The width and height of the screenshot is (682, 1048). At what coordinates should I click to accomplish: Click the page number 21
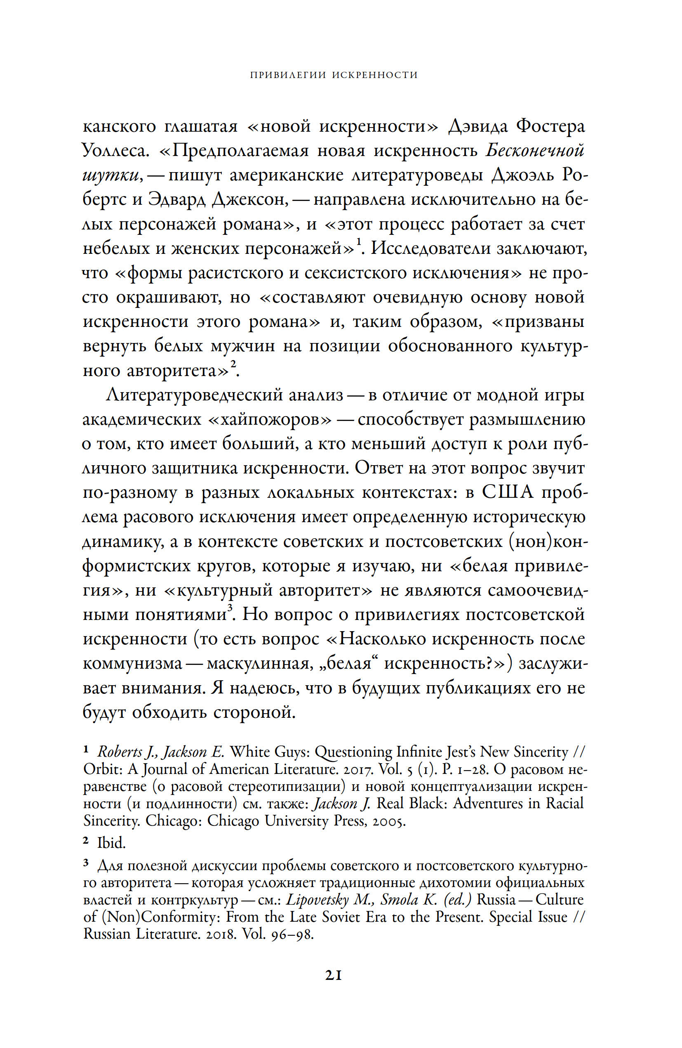(333, 975)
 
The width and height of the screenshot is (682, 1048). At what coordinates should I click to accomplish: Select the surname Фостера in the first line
(550, 127)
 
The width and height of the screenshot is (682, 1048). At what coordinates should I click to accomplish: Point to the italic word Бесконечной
(535, 151)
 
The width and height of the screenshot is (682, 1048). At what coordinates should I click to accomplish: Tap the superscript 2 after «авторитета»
(233, 364)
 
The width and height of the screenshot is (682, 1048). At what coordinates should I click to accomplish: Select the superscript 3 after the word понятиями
(230, 608)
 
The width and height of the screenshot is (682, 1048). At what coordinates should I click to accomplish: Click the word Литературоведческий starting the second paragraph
(224, 395)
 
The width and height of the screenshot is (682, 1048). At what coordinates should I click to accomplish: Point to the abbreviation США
(507, 492)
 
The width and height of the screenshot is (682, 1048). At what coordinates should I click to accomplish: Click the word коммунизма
(132, 664)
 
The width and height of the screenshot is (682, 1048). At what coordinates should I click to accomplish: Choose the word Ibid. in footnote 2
(111, 843)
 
